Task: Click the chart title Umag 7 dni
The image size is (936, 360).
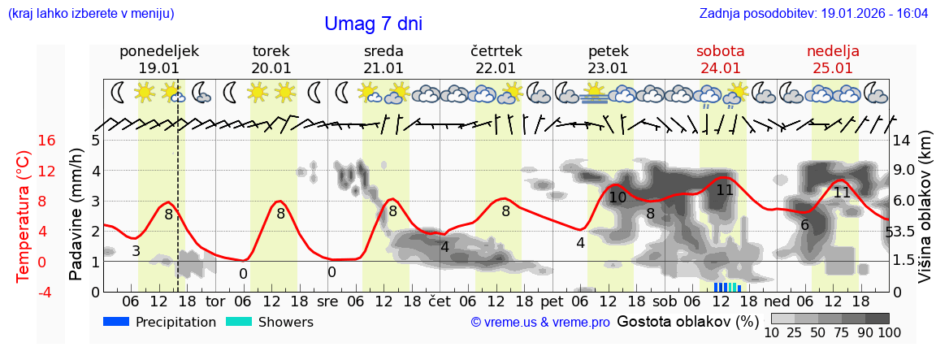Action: [x=373, y=24]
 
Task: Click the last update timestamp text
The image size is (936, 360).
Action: [x=813, y=14]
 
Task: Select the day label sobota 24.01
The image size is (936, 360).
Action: [x=721, y=59]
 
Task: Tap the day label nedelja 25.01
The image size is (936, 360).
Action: [x=833, y=59]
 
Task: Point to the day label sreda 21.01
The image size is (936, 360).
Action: [x=383, y=59]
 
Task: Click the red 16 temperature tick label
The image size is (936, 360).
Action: [x=46, y=141]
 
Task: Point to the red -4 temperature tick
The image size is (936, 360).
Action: [x=46, y=292]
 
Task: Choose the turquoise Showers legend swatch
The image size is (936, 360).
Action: [x=239, y=322]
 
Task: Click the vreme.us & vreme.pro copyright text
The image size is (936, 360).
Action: [x=540, y=323]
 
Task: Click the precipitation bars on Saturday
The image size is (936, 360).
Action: [x=728, y=287]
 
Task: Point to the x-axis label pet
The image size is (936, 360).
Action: [x=563, y=300]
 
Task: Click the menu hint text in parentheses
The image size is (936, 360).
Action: [x=91, y=14]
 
